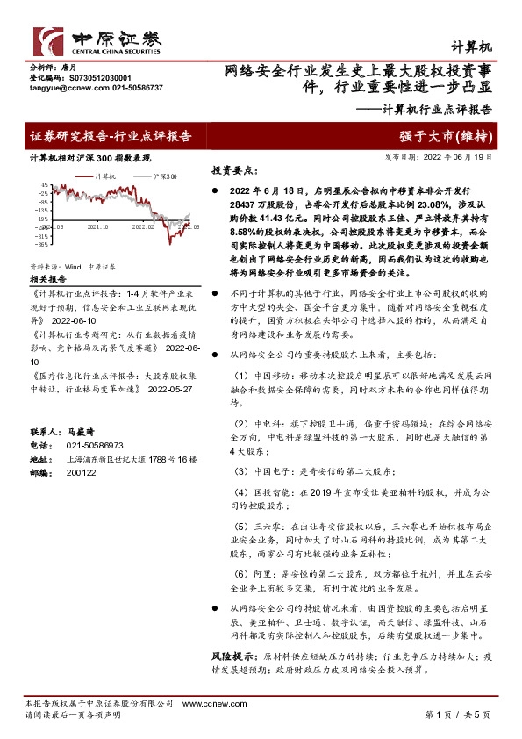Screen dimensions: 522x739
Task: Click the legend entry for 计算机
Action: [x=111, y=176]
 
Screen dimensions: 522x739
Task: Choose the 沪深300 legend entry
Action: [x=159, y=176]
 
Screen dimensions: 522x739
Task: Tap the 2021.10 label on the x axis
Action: [x=97, y=226]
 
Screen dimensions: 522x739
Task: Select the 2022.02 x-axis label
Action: [x=143, y=226]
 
